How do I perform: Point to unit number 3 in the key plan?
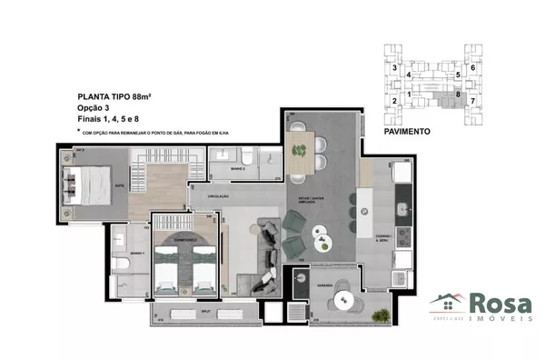(x=394, y=68)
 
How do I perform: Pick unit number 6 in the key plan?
(x=472, y=68)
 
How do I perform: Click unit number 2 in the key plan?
(x=394, y=100)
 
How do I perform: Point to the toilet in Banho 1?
(x=128, y=263)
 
